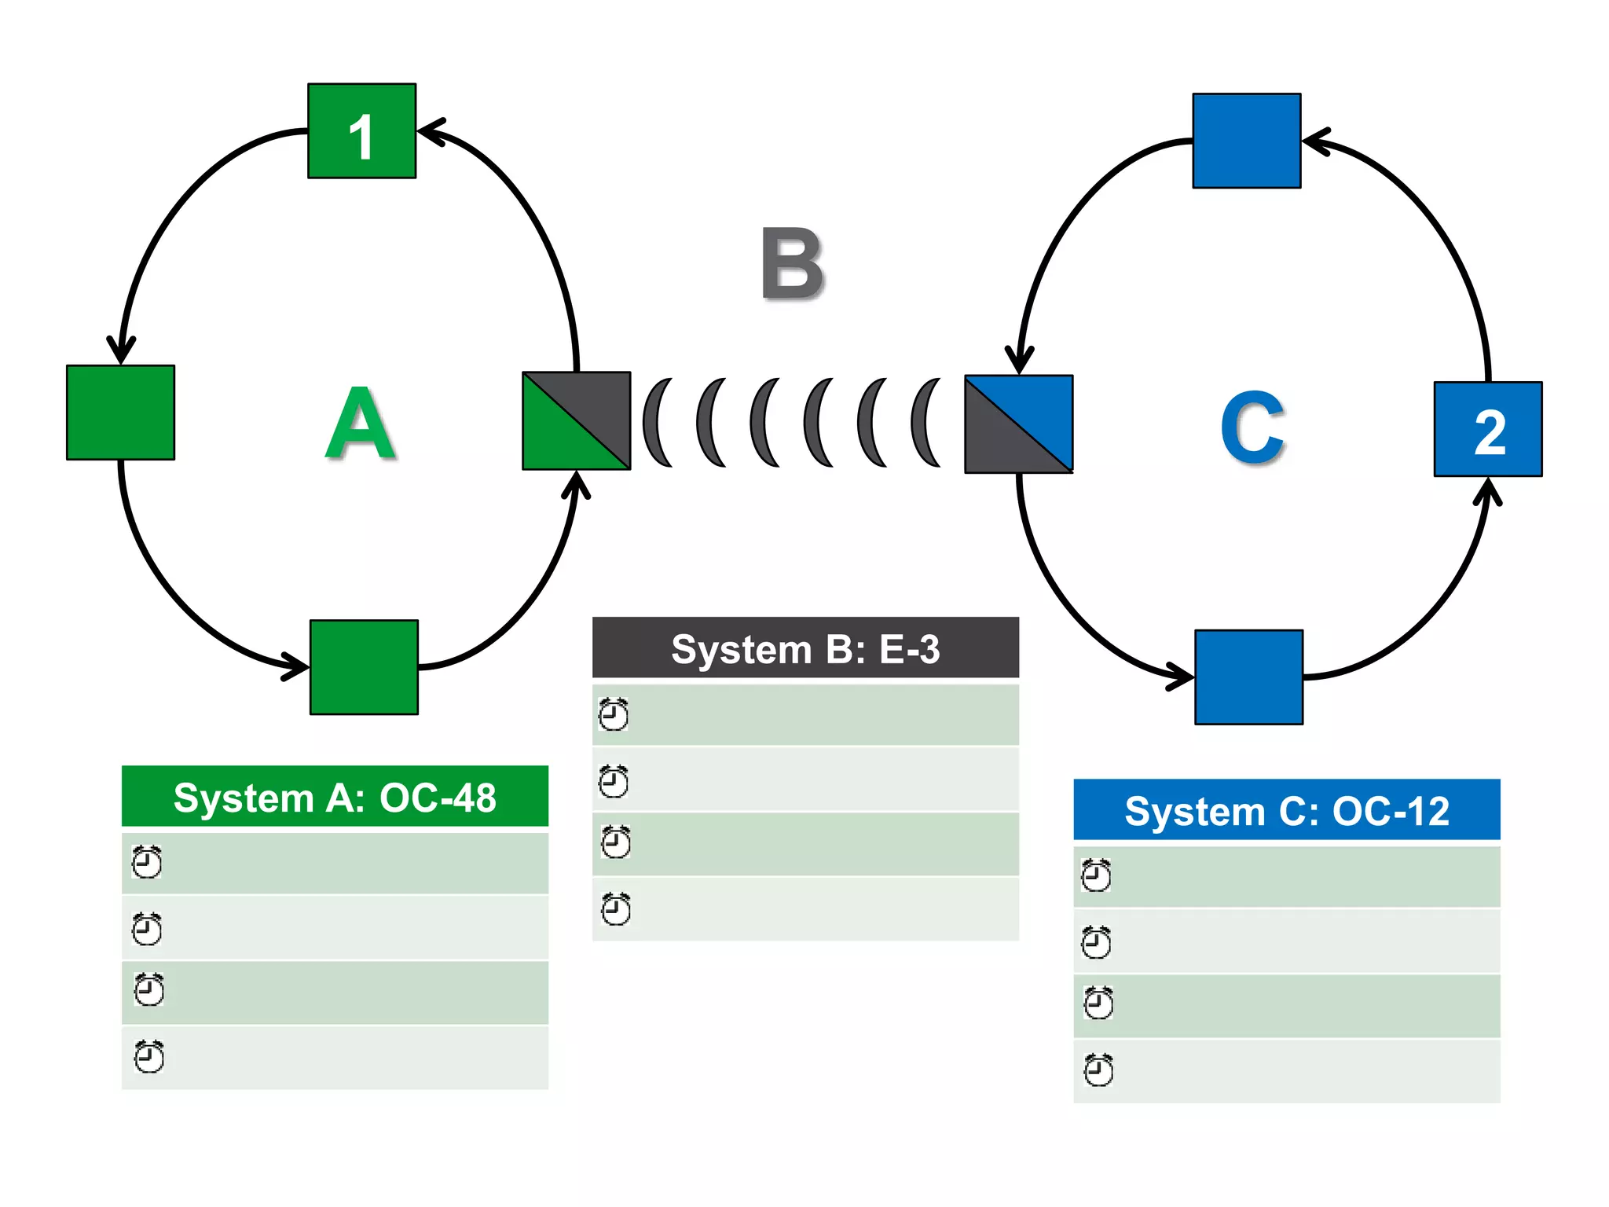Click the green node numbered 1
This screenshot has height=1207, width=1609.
pos(361,131)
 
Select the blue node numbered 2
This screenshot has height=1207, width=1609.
pos(1487,429)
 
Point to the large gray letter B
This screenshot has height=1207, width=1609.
pos(792,264)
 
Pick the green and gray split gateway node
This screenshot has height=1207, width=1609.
pos(576,420)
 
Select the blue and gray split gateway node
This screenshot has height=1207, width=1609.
pos(1018,424)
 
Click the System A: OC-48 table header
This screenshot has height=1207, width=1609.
pos(335,797)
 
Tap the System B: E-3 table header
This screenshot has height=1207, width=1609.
pos(805,648)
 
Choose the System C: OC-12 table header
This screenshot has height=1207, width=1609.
pos(1286,810)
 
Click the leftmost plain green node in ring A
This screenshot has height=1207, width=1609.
pos(120,413)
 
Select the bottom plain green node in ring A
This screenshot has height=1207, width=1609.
pos(364,667)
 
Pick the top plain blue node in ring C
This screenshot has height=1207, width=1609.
pos(1246,141)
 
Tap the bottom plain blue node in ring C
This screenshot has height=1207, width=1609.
pos(1248,677)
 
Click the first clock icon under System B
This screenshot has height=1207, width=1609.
pos(614,714)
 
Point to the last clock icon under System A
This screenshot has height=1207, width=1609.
pos(148,1057)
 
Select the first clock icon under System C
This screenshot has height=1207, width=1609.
pos(1096,875)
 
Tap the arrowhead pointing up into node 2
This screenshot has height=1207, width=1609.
pos(1486,491)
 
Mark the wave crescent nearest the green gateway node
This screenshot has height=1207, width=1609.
pos(656,423)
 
